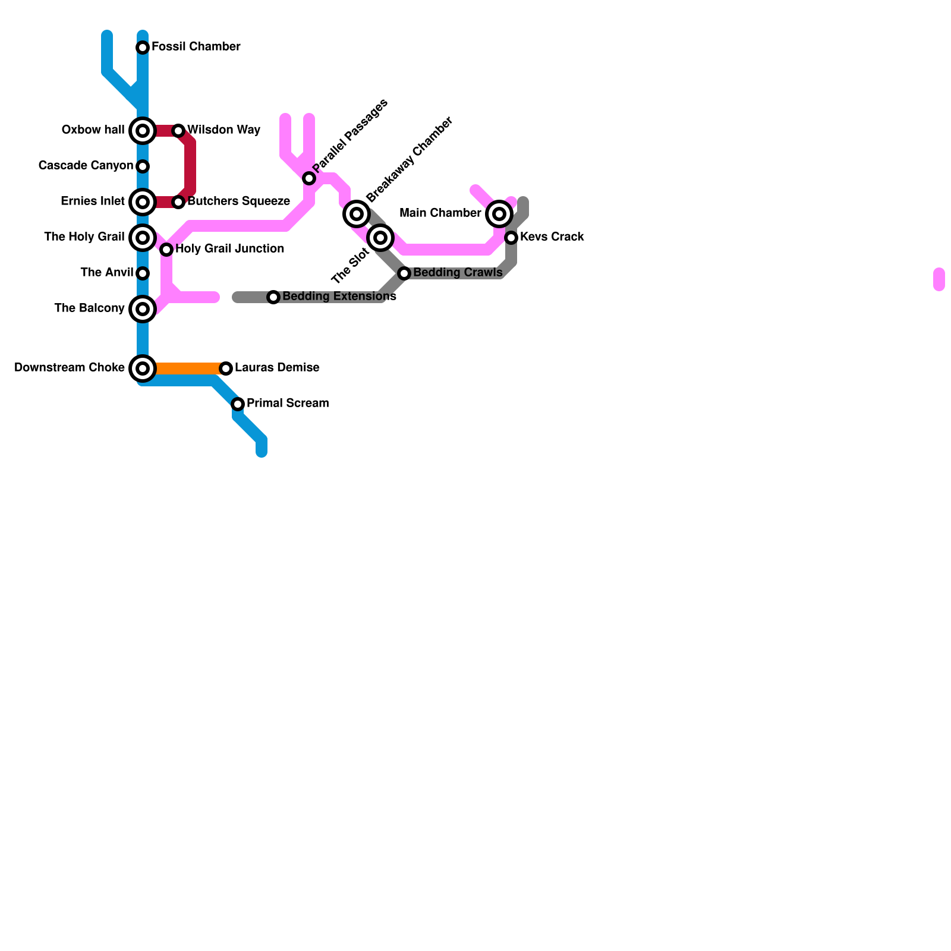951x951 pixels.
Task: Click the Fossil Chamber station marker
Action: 143,48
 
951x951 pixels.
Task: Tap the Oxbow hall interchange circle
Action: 143,131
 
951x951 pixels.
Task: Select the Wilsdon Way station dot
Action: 178,131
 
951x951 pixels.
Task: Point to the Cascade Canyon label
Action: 86,166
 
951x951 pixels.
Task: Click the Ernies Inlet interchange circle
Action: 143,202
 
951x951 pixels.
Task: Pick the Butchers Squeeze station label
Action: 238,201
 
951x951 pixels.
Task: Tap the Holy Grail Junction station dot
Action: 166,250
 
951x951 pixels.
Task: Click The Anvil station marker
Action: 143,273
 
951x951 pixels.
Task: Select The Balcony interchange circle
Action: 143,309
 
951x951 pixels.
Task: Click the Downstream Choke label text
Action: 70,368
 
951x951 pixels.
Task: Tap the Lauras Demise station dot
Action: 226,369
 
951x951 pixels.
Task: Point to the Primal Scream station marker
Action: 238,404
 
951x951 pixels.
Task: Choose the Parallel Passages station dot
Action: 309,178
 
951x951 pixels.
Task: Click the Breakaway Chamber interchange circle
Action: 357,214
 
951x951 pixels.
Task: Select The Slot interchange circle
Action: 380,238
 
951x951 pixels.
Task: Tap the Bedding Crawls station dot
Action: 404,273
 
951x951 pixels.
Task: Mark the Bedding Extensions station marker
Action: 273,297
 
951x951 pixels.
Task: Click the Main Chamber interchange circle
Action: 499,214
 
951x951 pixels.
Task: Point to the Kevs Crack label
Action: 552,237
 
